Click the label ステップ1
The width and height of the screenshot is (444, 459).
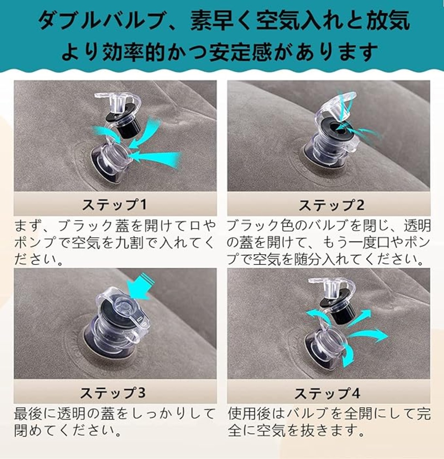114,204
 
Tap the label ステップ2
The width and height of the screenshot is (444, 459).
332,205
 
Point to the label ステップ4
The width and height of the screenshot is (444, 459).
327,393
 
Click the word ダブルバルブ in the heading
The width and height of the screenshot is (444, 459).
101,21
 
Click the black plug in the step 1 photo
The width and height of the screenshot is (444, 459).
123,124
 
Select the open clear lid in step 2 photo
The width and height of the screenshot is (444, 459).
336,106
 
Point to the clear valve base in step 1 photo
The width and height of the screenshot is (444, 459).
111,163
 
